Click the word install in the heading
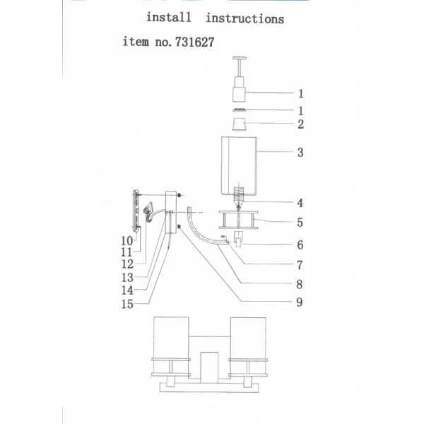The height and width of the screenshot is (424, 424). (169, 17)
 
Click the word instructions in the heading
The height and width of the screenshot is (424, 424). (245, 18)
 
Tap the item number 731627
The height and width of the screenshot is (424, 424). (195, 42)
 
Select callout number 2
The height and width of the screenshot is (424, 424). (301, 124)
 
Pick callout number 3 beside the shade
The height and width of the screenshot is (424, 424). (300, 153)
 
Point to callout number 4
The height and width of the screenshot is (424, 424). (300, 203)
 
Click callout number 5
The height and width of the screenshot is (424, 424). (300, 223)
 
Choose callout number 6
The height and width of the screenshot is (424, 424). (300, 245)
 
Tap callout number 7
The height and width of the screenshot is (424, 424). (300, 265)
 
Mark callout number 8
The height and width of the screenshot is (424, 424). (300, 284)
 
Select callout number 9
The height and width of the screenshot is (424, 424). (300, 302)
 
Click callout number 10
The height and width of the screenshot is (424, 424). (127, 241)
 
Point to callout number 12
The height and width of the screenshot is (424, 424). (127, 264)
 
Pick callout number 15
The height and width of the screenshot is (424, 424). (127, 304)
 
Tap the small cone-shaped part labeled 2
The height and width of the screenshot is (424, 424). (239, 124)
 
